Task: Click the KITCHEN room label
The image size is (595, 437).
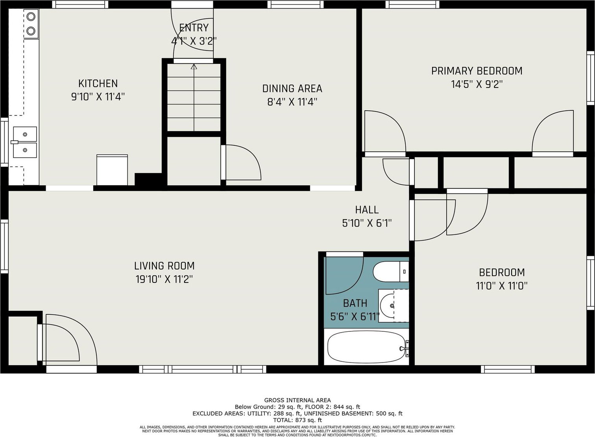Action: click(x=98, y=84)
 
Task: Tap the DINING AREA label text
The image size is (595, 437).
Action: click(x=292, y=89)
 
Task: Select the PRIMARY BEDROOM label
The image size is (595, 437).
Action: click(x=477, y=71)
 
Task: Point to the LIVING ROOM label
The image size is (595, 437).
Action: click(x=164, y=266)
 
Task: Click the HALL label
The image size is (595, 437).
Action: click(x=367, y=210)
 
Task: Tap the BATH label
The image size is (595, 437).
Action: click(x=355, y=303)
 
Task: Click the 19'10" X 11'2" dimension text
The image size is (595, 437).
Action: click(x=164, y=279)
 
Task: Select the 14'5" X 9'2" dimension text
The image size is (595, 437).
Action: click(x=477, y=85)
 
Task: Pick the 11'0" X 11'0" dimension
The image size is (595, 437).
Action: click(x=502, y=286)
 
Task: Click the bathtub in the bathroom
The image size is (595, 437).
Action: click(x=367, y=347)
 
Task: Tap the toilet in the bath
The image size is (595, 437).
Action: click(x=391, y=271)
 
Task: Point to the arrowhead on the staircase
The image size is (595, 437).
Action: click(x=194, y=67)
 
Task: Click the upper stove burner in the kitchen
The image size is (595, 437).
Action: click(x=31, y=17)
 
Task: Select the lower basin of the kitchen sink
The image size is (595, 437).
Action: click(x=25, y=150)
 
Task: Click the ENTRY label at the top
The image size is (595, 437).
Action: click(x=194, y=28)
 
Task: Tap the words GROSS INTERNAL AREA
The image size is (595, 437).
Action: click(x=297, y=400)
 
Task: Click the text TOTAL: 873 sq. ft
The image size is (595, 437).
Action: click(x=297, y=420)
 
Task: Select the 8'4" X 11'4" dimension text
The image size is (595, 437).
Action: click(x=292, y=102)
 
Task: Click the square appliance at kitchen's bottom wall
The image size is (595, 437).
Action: click(x=112, y=170)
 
